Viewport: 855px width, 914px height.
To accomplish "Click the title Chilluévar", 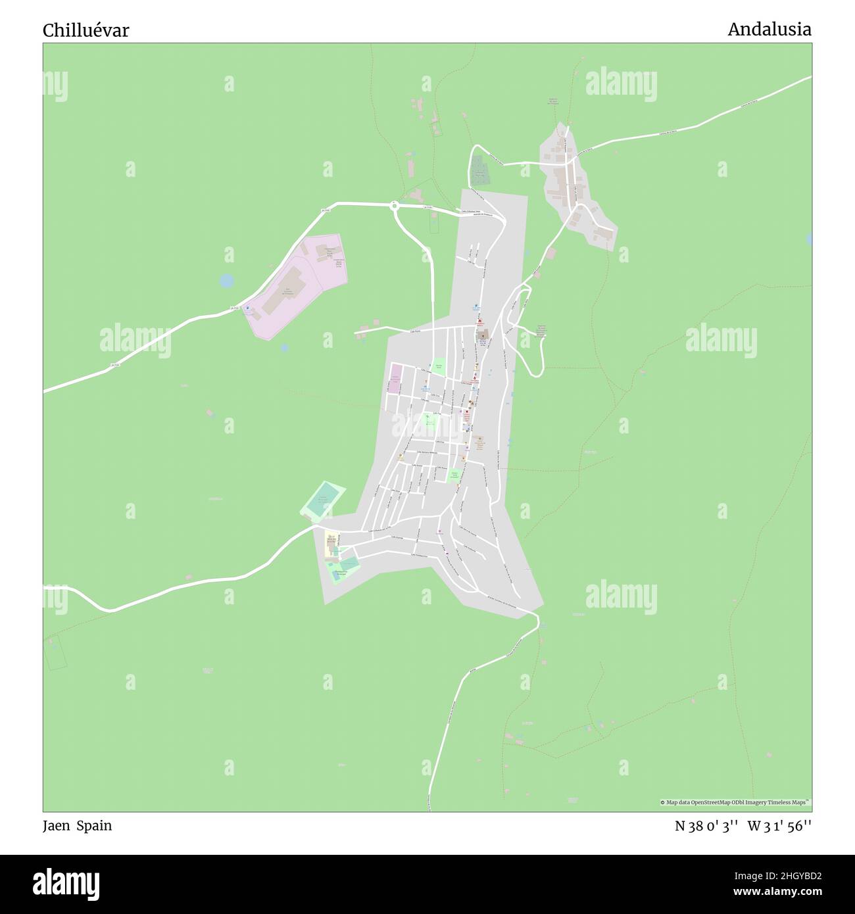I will [x=86, y=30].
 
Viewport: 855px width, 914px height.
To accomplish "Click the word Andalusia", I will [x=769, y=29].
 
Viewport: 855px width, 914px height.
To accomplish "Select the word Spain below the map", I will [x=94, y=825].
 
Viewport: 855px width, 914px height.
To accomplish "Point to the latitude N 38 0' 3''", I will [x=707, y=826].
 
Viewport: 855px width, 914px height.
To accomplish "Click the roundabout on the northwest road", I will [x=395, y=205].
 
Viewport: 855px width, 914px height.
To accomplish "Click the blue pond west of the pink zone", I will [x=226, y=281].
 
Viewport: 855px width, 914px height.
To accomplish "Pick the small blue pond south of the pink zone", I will [x=284, y=347].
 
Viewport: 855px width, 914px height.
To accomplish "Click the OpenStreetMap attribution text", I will [x=735, y=802].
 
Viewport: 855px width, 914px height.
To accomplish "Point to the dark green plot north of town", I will [x=481, y=168].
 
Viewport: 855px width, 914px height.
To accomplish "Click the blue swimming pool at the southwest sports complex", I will [x=347, y=564].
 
